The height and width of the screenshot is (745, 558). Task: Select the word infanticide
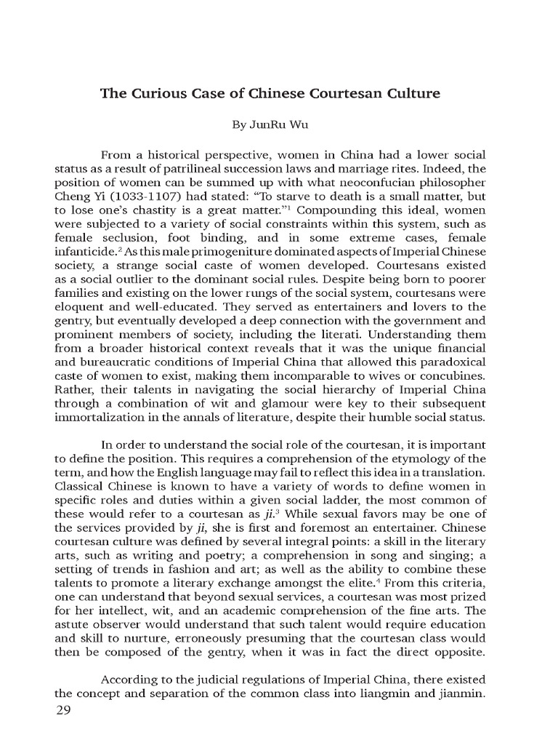[x=83, y=252]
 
